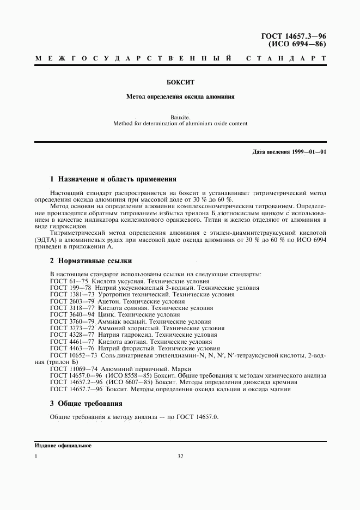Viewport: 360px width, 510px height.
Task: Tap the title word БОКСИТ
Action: coord(180,83)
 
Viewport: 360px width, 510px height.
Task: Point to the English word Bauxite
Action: coord(180,117)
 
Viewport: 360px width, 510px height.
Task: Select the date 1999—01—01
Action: coord(308,151)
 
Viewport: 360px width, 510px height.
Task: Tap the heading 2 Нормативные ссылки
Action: coord(90,261)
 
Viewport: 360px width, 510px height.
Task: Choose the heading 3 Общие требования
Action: coord(86,404)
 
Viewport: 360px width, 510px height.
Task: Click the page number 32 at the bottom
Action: coord(180,457)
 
